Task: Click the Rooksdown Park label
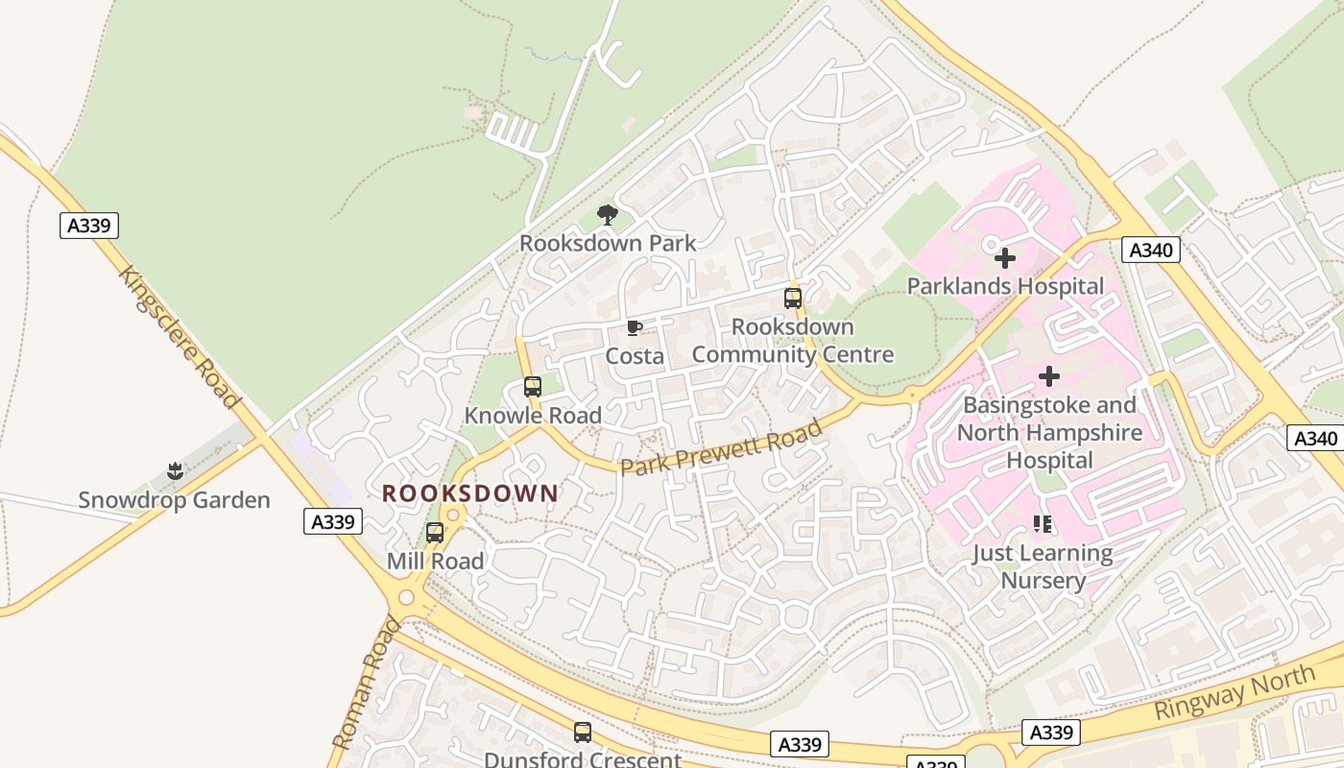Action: (608, 243)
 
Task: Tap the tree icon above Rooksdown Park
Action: (607, 214)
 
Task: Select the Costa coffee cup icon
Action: (634, 328)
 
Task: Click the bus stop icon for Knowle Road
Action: (533, 387)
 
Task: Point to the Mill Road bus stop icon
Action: (435, 533)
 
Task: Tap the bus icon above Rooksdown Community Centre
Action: (792, 299)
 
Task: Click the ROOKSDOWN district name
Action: (470, 493)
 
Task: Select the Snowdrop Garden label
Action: (174, 500)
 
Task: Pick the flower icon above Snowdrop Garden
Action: (174, 471)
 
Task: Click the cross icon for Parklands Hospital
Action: (1004, 258)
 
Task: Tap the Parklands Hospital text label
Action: (1005, 286)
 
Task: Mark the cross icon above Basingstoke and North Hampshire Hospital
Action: (1049, 376)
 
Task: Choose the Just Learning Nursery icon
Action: (1043, 524)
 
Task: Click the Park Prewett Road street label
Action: (722, 447)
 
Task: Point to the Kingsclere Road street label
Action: (178, 335)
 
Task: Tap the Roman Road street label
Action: (365, 683)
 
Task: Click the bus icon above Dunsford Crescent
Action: (582, 732)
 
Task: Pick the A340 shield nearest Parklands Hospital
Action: (1150, 251)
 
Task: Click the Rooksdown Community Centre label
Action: (792, 341)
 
